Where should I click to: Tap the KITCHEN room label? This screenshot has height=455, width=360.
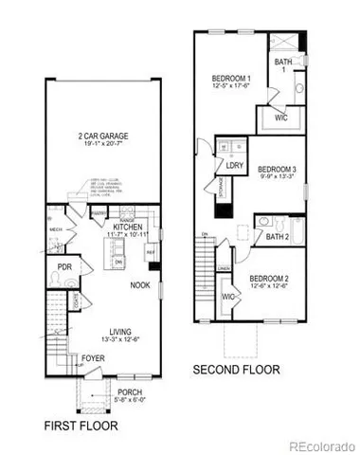(127, 227)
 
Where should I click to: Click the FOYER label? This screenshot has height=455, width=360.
(93, 358)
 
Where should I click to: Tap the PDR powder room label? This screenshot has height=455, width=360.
(65, 268)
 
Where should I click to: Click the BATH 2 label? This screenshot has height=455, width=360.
(278, 237)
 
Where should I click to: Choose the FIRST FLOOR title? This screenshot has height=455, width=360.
(82, 428)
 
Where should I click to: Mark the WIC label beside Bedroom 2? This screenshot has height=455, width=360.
(228, 297)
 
